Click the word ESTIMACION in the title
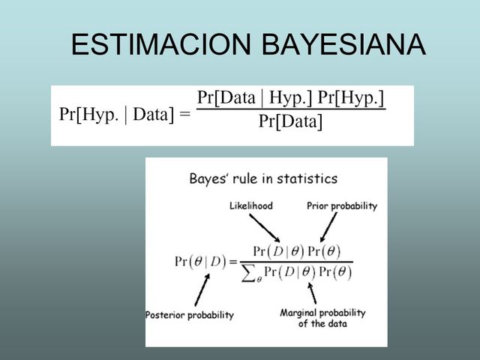[x=160, y=46]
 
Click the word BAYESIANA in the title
[x=343, y=46]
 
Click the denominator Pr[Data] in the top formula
[x=290, y=121]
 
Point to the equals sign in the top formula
[x=184, y=115]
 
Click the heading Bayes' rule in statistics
[x=262, y=179]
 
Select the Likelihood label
[x=250, y=205]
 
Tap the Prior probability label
[x=342, y=205]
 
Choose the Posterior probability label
[x=190, y=315]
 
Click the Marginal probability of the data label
[x=322, y=318]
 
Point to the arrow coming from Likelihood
[x=264, y=226]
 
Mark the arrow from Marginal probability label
[x=310, y=293]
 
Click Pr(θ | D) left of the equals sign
[x=200, y=262]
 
